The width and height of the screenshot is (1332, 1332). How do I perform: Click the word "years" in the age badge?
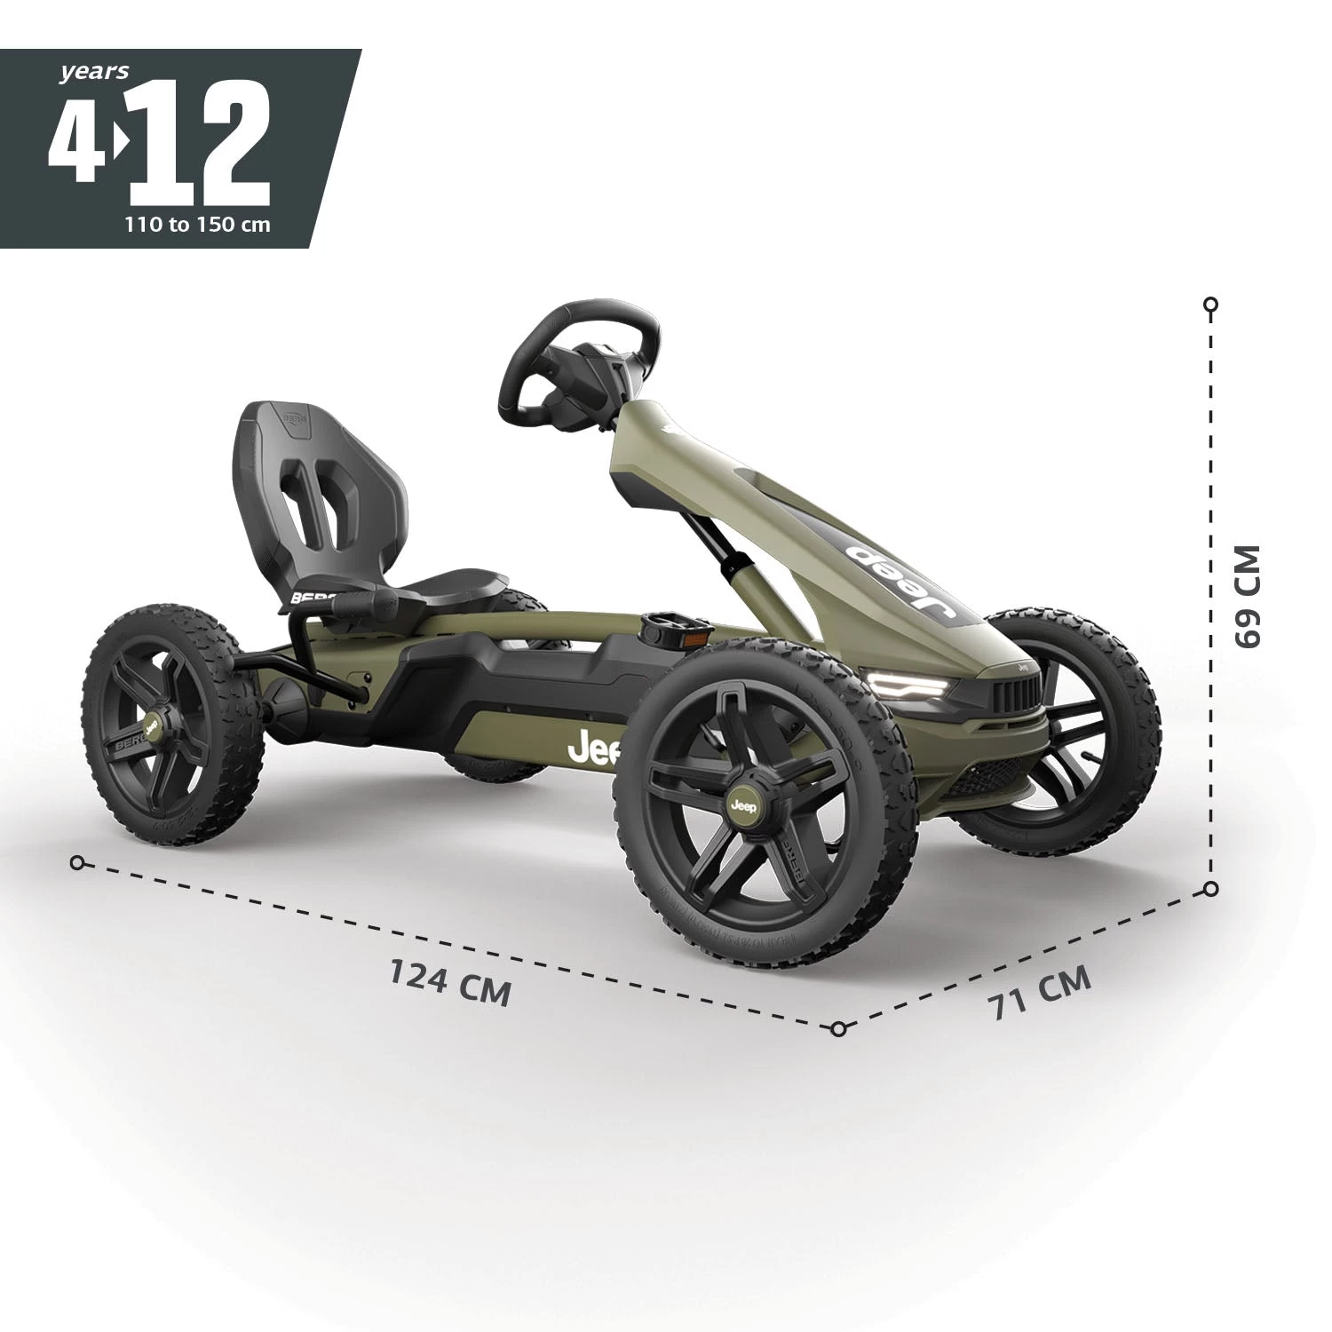click(94, 72)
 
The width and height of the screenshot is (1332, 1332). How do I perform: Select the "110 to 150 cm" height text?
click(197, 224)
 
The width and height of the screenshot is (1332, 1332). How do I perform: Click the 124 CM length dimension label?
click(450, 981)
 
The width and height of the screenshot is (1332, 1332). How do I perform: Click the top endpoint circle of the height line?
click(1210, 305)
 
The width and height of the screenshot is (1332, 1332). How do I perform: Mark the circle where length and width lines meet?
click(838, 1029)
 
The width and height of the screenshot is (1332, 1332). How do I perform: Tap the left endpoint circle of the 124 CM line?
click(77, 862)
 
